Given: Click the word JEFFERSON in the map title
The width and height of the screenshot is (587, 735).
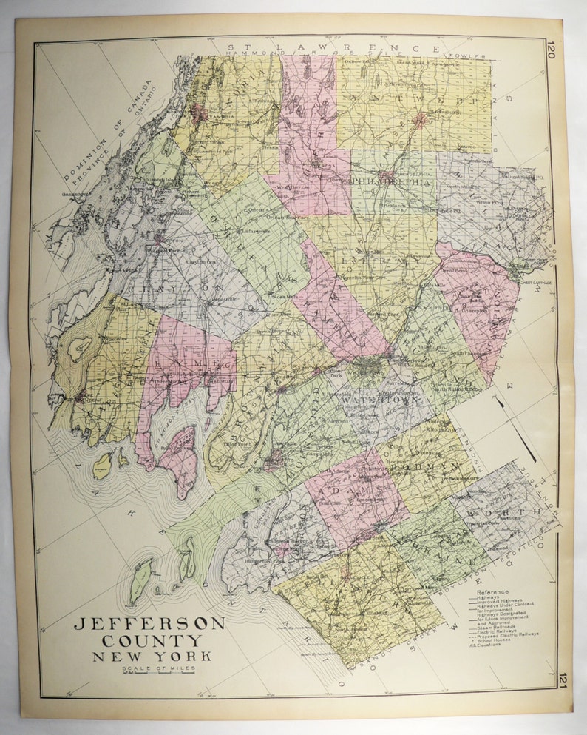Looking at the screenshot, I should [149, 623].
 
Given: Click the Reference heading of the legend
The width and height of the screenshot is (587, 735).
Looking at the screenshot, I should [493, 592].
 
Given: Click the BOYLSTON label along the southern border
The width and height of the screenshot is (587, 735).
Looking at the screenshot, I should [481, 578].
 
